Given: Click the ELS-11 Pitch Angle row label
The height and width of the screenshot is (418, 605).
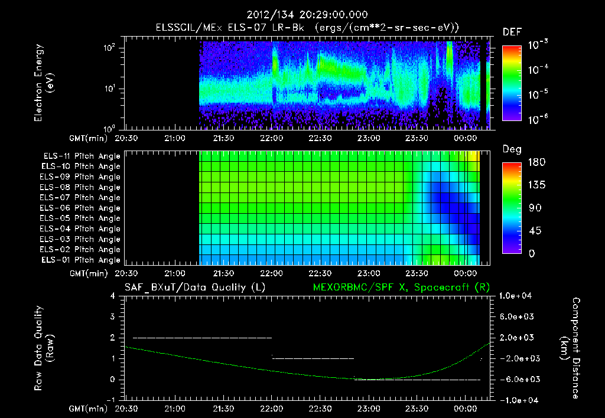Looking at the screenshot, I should [x=82, y=156].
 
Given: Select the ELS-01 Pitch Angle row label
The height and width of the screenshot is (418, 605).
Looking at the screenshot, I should [x=82, y=260].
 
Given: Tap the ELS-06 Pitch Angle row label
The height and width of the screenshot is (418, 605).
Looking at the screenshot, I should [x=82, y=208].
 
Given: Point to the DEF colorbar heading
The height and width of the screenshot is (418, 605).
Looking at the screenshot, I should [x=512, y=32].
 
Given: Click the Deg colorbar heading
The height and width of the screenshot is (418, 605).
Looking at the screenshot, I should [x=512, y=149].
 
